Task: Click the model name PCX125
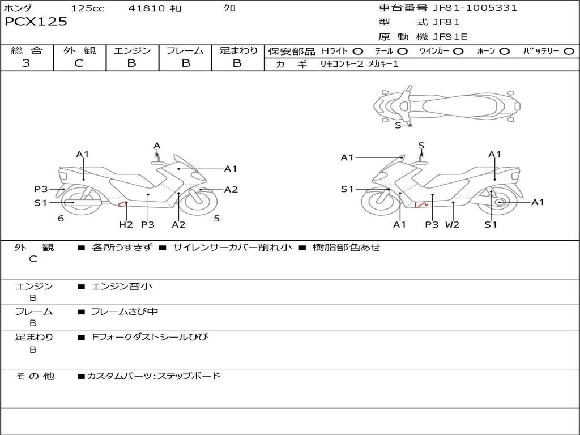36,22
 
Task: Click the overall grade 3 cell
26,63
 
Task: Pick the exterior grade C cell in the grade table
79,63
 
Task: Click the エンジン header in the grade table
132,51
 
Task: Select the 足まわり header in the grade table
238,51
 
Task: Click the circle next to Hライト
357,52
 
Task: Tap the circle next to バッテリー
569,52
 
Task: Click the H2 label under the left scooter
126,225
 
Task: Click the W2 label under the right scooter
452,225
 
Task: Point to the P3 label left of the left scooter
41,189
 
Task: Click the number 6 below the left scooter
61,219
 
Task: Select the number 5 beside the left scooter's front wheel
216,219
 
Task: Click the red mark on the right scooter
420,204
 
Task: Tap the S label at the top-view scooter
398,125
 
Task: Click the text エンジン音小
122,287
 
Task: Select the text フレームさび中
125,312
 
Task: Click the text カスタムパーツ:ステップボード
153,376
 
